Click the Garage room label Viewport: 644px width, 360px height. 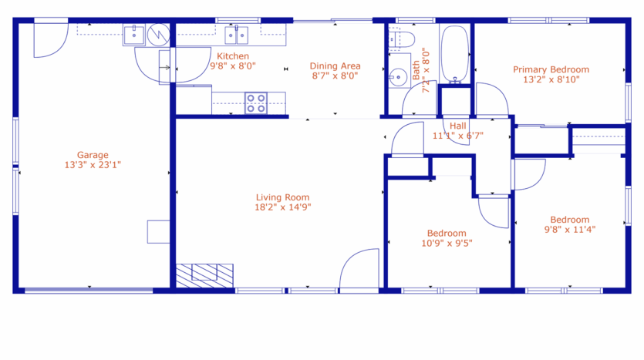93,155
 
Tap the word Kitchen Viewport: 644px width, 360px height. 232,56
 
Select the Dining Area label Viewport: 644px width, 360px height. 335,66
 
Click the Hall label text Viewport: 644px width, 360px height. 457,126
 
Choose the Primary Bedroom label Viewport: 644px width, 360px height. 551,69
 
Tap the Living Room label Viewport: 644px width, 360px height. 282,197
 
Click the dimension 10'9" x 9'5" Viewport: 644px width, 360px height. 447,243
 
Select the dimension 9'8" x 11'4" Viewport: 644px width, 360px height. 570,229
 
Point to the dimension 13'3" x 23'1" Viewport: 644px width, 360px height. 93,164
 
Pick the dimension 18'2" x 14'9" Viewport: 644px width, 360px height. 282,207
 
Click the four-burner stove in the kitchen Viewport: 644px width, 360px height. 256,103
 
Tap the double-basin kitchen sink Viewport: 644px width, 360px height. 236,35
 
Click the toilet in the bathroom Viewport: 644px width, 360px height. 402,38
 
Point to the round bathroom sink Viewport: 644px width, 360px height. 398,77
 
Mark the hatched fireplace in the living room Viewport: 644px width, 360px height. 204,275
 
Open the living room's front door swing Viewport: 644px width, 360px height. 359,269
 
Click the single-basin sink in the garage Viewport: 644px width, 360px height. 134,34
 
